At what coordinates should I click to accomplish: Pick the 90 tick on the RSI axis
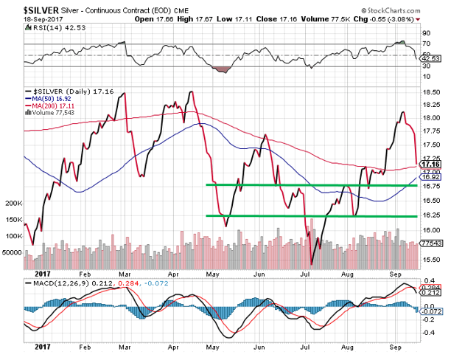426,33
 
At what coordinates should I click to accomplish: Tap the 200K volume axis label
13,202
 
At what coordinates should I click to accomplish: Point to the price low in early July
312,263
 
